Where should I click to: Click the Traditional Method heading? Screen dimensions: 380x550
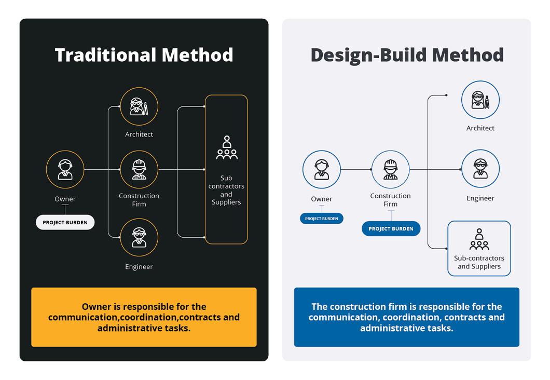tap(144, 55)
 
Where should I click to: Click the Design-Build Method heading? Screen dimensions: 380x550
tap(407, 55)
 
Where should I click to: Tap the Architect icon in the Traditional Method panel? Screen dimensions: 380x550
tap(139, 106)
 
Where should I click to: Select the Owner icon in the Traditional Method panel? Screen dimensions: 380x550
tap(65, 170)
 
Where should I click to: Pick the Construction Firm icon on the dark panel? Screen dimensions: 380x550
tap(139, 170)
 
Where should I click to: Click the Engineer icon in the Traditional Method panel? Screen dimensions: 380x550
tap(139, 237)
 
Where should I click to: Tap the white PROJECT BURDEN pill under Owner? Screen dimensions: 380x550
tap(65, 222)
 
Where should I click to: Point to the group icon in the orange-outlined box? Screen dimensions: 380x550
tap(226, 148)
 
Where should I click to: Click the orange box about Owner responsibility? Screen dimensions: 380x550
tap(144, 317)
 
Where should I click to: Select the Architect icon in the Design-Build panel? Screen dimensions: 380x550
tap(480, 100)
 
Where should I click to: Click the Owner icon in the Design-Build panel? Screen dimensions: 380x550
tap(322, 170)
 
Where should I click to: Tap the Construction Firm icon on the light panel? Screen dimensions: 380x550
tap(390, 170)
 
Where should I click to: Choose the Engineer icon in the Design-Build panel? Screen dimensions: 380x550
tap(480, 169)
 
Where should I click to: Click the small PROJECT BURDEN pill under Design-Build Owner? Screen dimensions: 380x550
tap(322, 219)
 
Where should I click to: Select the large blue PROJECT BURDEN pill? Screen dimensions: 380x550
tap(391, 228)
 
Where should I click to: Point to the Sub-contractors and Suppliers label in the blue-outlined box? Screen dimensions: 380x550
tap(479, 262)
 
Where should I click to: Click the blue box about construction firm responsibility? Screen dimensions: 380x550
tap(406, 317)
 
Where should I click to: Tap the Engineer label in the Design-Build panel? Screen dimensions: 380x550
tap(480, 198)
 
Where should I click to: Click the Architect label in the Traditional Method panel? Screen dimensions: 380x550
tap(139, 134)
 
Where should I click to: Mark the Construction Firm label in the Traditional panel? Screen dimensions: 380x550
tap(139, 200)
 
